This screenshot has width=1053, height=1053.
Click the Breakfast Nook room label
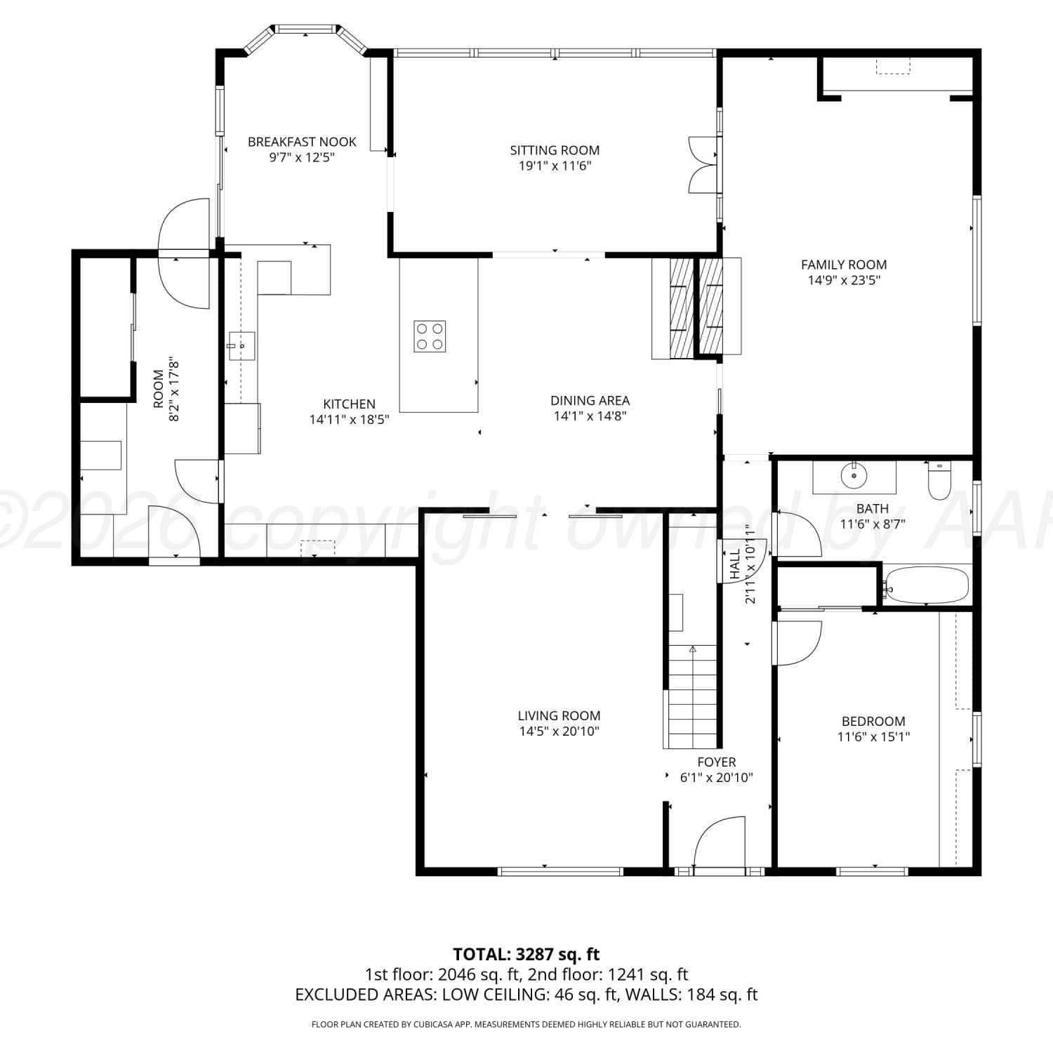click(302, 142)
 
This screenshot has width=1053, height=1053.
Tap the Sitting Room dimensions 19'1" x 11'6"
click(555, 166)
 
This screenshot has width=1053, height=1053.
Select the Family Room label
click(844, 265)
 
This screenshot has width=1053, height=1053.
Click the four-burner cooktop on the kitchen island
click(430, 336)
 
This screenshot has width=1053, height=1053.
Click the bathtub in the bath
click(927, 585)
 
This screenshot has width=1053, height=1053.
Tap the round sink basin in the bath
click(854, 475)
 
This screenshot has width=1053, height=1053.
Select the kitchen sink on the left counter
click(241, 346)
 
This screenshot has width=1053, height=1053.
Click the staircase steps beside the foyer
click(691, 696)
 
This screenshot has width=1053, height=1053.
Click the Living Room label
click(559, 716)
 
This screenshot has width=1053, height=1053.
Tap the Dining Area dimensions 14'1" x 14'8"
click(590, 416)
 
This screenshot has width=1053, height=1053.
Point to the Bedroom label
click(873, 722)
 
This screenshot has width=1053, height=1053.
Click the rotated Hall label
click(735, 564)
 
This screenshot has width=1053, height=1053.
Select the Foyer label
click(717, 762)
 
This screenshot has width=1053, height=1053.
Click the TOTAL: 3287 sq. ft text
click(526, 954)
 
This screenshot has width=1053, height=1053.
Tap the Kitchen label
click(349, 404)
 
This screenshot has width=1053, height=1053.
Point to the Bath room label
click(873, 509)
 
